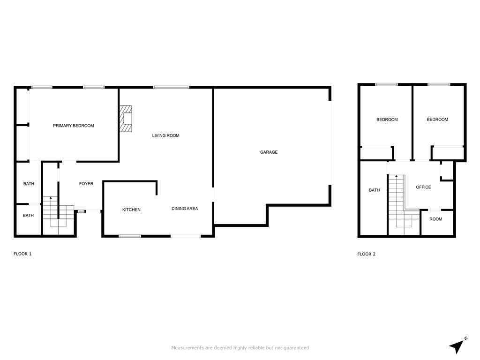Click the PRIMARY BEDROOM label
[x=74, y=126]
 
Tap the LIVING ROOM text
[x=165, y=135]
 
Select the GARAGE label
[x=269, y=152]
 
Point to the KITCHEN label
[x=131, y=210]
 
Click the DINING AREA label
[x=185, y=209]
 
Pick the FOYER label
[x=86, y=183]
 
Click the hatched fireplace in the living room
[x=126, y=119]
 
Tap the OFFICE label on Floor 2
[x=423, y=187]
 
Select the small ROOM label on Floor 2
[x=435, y=219]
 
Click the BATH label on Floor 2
[x=374, y=190]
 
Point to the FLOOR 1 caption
[x=22, y=254]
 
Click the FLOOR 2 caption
[x=366, y=254]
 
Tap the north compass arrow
[x=457, y=346]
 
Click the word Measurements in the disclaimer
[x=187, y=348]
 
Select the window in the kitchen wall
[x=130, y=236]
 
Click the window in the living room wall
[x=171, y=87]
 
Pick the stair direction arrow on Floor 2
[x=397, y=176]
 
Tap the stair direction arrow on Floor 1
[x=51, y=198]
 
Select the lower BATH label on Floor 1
[x=28, y=215]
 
